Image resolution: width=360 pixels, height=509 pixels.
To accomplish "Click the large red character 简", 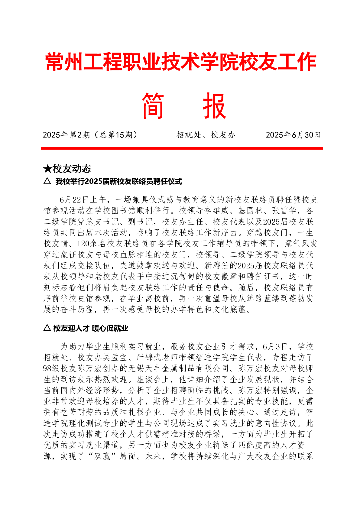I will pyautogui.click(x=153, y=106).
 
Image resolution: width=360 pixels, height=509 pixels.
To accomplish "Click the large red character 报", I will pyautogui.click(x=214, y=106).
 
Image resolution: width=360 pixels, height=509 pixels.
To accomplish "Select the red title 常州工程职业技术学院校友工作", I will pyautogui.click(x=181, y=62).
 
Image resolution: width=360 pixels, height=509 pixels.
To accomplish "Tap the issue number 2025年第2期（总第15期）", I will pyautogui.click(x=90, y=135).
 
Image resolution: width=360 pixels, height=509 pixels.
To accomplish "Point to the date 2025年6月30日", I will pyautogui.click(x=293, y=135).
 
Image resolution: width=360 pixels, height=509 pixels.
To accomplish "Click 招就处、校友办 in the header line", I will pyautogui.click(x=206, y=135).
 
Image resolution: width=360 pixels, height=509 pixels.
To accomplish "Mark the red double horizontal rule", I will pyautogui.click(x=182, y=148).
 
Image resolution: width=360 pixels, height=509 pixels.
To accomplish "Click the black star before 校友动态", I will pyautogui.click(x=48, y=169).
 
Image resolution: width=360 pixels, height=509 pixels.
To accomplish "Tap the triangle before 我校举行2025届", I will pyautogui.click(x=47, y=181).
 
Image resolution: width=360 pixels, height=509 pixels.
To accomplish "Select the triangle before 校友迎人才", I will pyautogui.click(x=47, y=328).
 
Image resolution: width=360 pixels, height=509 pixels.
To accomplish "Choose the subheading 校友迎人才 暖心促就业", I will pyautogui.click(x=91, y=328).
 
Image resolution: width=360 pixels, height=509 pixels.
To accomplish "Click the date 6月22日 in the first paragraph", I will pyautogui.click(x=74, y=200).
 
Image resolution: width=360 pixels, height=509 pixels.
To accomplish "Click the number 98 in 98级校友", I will pyautogui.click(x=48, y=368).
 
